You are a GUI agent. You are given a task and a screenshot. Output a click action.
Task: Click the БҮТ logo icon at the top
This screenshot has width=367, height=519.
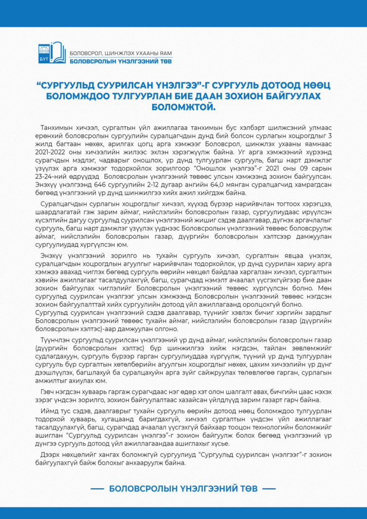(x=52, y=52)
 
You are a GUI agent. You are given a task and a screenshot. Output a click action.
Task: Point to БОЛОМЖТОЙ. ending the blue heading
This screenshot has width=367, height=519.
(x=183, y=107)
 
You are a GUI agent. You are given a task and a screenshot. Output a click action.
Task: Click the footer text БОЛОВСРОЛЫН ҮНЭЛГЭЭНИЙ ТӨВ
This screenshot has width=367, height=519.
(x=183, y=489)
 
